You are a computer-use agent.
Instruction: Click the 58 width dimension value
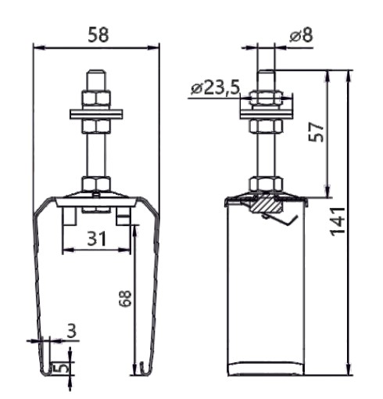[x=98, y=34]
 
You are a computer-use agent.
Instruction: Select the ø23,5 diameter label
[x=215, y=88]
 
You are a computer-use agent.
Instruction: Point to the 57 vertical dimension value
[x=316, y=131]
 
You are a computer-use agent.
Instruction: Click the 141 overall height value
[x=338, y=221]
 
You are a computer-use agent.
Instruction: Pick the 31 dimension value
[x=97, y=239]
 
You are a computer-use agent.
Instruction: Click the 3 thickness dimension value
[x=71, y=331]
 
